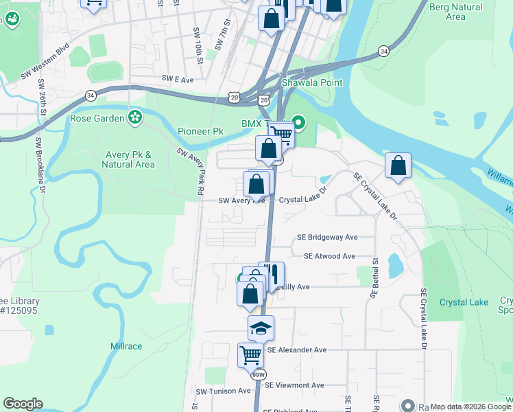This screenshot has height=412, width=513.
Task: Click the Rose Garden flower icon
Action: [x=135, y=117]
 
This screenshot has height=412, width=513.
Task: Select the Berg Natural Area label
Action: [x=455, y=12]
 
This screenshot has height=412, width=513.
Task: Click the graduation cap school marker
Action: [x=261, y=329]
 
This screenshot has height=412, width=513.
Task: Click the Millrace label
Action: [x=126, y=346]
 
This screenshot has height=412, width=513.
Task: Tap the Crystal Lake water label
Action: [x=464, y=302]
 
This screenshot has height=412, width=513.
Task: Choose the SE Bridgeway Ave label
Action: [x=327, y=238]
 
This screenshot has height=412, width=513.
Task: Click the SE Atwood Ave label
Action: [x=329, y=256]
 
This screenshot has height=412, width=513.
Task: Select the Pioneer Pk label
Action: [x=200, y=131]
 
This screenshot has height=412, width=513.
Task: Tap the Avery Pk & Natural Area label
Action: [x=128, y=159]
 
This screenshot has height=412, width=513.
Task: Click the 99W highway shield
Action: [x=259, y=375]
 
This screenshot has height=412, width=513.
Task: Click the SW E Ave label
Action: [x=178, y=80]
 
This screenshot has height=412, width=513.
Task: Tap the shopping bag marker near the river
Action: [x=398, y=166]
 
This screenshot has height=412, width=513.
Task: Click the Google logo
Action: [x=23, y=404]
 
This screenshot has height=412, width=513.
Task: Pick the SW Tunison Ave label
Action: [x=224, y=391]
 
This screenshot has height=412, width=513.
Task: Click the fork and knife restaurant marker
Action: [x=272, y=274]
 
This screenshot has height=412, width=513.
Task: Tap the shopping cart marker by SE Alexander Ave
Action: [x=250, y=356]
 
